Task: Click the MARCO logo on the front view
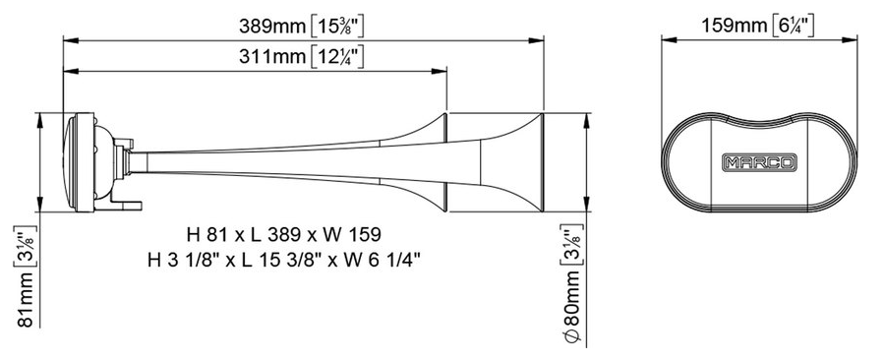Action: coord(758,160)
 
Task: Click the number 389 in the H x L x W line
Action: coord(298,236)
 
